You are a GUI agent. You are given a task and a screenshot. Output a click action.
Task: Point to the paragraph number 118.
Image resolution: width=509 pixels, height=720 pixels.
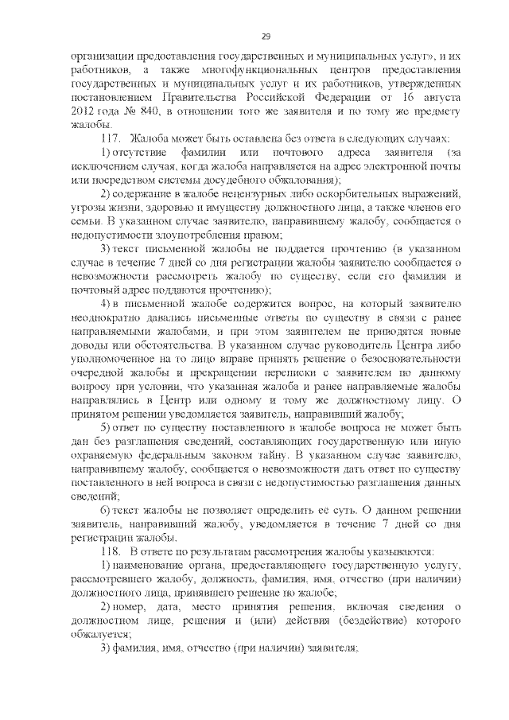109,550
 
